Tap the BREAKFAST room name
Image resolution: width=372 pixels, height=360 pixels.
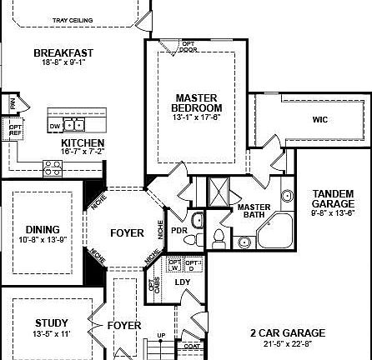pyautogui.click(x=63, y=53)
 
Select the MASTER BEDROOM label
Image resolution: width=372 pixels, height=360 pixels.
pyautogui.click(x=197, y=102)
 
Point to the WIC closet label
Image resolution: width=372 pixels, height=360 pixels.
pyautogui.click(x=320, y=120)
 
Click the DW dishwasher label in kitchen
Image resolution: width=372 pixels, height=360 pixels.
pyautogui.click(x=55, y=126)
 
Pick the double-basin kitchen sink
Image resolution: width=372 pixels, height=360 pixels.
pyautogui.click(x=74, y=125)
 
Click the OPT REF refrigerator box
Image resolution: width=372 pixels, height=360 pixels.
pyautogui.click(x=15, y=130)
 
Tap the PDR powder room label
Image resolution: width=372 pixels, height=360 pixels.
pyautogui.click(x=178, y=231)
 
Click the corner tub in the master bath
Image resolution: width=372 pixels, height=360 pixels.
pyautogui.click(x=275, y=229)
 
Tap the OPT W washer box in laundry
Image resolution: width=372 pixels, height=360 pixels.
pyautogui.click(x=174, y=264)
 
